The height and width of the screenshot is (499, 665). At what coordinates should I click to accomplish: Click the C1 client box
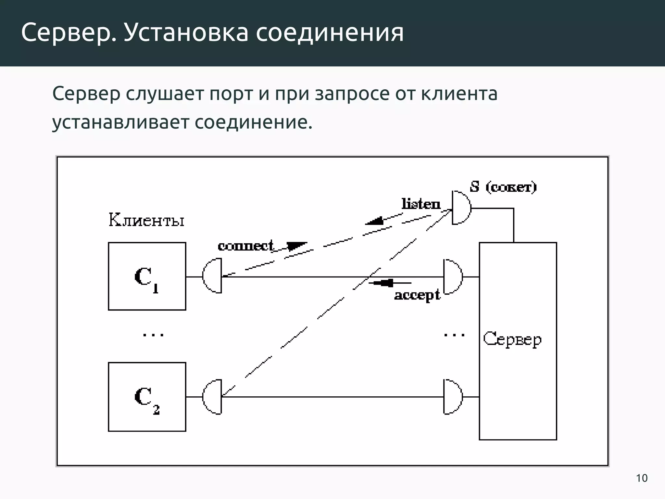[147, 276]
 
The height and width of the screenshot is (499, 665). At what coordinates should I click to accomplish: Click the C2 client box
[147, 397]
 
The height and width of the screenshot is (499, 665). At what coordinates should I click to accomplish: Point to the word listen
[421, 204]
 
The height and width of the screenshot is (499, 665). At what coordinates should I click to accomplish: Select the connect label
[245, 246]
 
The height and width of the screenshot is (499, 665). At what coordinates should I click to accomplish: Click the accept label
[417, 295]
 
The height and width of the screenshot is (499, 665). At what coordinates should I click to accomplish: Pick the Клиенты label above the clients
[146, 220]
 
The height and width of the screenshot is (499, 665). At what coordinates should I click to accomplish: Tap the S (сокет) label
[503, 187]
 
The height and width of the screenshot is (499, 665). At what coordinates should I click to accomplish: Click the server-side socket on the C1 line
[453, 277]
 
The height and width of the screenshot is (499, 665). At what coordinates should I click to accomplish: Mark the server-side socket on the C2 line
[453, 397]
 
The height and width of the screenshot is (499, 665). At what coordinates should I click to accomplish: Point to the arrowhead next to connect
[296, 246]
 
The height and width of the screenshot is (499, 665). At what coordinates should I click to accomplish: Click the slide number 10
[642, 478]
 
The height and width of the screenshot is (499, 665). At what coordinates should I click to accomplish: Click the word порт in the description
[231, 94]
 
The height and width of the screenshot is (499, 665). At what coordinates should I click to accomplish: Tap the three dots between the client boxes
[153, 335]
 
